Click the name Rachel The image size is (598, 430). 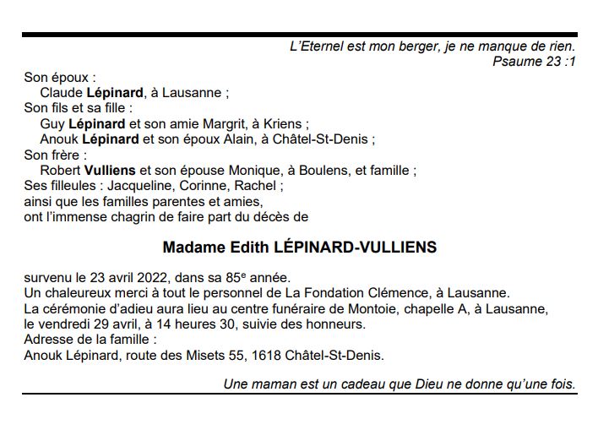(256, 186)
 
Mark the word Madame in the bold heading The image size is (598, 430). (191, 248)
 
